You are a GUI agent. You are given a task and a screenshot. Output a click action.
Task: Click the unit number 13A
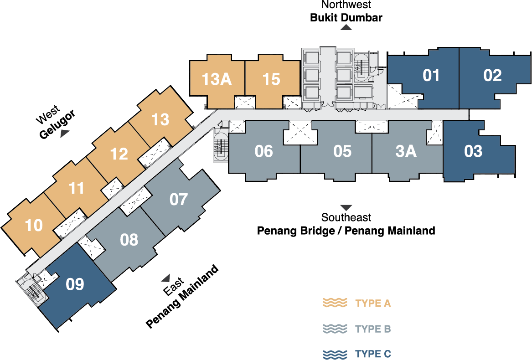[217, 79]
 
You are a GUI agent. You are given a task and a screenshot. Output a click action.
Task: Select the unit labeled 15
[271, 79]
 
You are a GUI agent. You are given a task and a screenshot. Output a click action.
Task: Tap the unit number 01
[431, 76]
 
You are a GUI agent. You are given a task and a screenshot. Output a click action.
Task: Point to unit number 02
[492, 75]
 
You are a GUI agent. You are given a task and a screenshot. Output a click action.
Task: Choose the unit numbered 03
[473, 151]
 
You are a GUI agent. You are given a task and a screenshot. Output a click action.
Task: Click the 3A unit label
[406, 151]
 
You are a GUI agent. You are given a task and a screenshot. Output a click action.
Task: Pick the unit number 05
[342, 151]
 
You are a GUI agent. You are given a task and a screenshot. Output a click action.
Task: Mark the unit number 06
[263, 151]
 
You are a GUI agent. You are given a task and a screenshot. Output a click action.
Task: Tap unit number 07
[178, 199]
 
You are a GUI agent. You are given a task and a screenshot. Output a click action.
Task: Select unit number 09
[75, 284]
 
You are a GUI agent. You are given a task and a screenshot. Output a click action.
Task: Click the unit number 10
[34, 226]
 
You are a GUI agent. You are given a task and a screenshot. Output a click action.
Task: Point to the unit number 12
[119, 154]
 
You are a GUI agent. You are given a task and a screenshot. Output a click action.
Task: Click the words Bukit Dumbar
[346, 18]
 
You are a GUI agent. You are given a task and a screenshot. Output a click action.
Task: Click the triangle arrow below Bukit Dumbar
[346, 27]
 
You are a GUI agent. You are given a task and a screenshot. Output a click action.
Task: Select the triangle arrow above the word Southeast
[346, 208]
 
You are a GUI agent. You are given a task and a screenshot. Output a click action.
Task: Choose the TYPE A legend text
[373, 303]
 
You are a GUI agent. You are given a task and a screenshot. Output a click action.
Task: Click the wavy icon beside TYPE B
[335, 329]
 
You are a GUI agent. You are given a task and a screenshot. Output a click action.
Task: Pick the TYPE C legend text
[373, 354]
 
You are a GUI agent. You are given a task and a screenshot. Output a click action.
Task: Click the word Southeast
[346, 217]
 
